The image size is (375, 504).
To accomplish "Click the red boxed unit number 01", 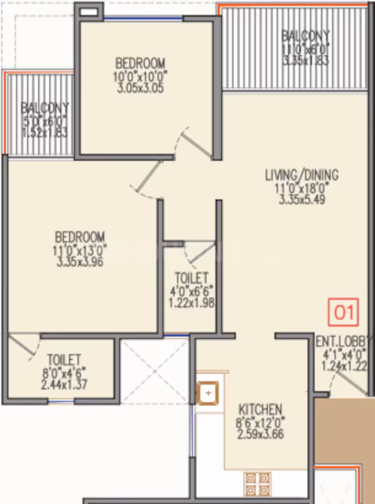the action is [x=343, y=312].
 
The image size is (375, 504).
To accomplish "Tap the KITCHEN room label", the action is [x=260, y=409].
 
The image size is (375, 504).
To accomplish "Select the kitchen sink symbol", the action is [x=208, y=393].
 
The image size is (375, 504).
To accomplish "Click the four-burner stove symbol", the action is [x=257, y=484].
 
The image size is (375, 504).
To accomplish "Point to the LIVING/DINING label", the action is [x=301, y=175].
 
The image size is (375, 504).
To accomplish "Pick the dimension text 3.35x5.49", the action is [x=302, y=199].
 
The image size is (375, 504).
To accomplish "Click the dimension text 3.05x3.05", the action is [x=140, y=88].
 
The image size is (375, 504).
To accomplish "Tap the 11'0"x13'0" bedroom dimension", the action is [x=79, y=250].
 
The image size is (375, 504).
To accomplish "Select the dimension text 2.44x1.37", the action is [x=64, y=385].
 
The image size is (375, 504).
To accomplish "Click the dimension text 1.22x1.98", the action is [x=191, y=303].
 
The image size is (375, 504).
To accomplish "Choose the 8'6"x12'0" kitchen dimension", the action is [x=260, y=422].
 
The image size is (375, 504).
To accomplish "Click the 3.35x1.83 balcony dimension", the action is [x=305, y=61].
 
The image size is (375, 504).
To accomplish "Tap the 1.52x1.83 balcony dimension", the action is [x=44, y=132].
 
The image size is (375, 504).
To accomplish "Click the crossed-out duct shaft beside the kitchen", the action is [x=154, y=371].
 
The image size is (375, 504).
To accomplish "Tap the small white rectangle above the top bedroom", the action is [x=88, y=12].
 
